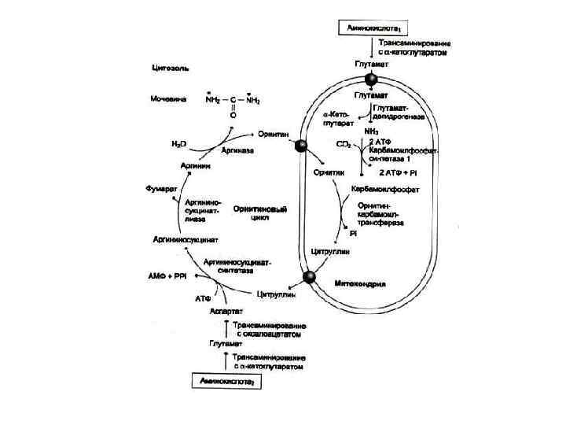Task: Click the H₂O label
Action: [x=179, y=143]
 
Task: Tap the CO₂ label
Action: [x=344, y=146]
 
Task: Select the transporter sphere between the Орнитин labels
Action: [x=300, y=146]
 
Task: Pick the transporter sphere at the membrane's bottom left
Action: [x=311, y=276]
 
